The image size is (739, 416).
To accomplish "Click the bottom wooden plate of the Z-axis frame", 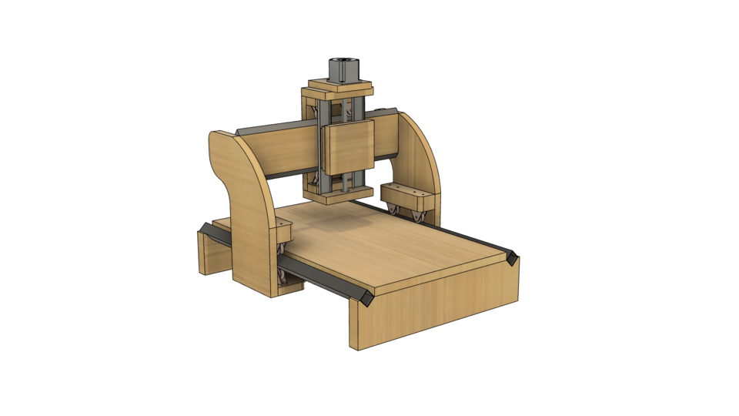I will click(x=339, y=198).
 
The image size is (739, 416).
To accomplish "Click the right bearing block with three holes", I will click(x=403, y=192).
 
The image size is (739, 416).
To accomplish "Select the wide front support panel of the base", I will click(x=435, y=304).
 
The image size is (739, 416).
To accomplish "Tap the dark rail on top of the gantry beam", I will click(x=273, y=126).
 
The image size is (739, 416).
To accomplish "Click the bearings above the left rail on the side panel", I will click(x=281, y=250).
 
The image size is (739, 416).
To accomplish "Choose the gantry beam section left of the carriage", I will click(x=285, y=154).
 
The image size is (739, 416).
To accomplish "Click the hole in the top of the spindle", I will click(x=339, y=59).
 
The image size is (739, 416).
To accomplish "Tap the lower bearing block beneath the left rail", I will click(x=292, y=287).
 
